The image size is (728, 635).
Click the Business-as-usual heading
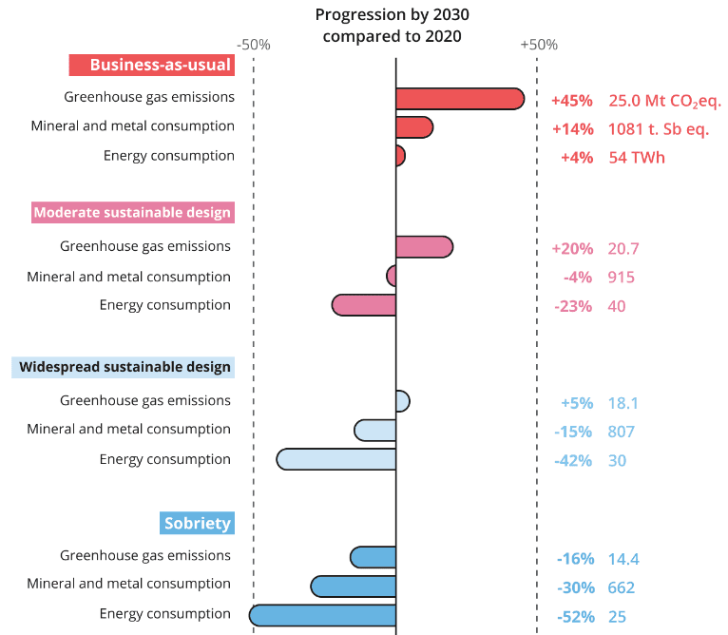click(151, 65)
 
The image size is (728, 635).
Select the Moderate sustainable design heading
click(132, 212)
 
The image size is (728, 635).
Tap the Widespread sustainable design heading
click(123, 367)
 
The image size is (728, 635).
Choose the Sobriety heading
click(197, 523)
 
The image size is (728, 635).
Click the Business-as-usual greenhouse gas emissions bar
click(459, 98)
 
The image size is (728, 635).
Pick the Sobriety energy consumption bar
click(322, 615)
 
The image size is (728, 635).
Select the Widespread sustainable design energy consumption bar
click(335, 459)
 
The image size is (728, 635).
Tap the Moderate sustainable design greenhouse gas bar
click(424, 247)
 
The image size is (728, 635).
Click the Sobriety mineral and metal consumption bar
click(353, 586)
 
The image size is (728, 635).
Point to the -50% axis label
click(254, 45)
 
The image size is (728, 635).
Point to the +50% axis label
click(538, 45)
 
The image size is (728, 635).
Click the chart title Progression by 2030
click(392, 26)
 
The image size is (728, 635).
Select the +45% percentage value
click(571, 101)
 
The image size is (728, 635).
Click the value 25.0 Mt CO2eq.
click(664, 101)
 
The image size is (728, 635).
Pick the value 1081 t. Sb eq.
click(659, 129)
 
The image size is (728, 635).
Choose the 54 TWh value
click(637, 158)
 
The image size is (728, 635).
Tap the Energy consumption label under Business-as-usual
click(168, 155)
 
